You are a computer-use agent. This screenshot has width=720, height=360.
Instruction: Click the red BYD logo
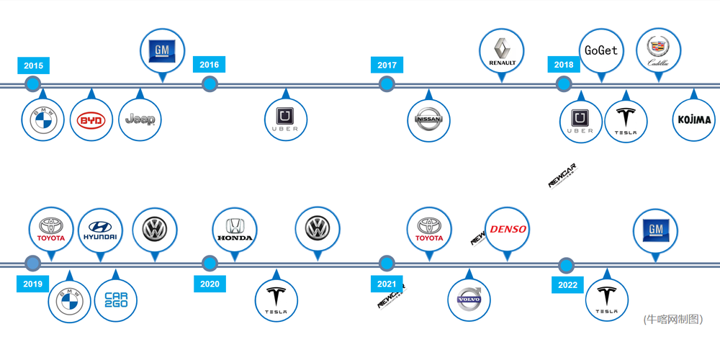click(x=91, y=120)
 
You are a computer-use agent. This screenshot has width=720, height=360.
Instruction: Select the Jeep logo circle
click(x=140, y=120)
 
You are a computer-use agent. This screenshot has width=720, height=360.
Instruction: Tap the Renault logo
click(x=502, y=52)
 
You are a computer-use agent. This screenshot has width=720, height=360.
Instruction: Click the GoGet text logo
click(x=601, y=50)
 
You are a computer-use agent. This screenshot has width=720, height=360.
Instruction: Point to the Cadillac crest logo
click(x=658, y=50)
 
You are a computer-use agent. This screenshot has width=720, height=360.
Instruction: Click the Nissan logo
click(x=429, y=120)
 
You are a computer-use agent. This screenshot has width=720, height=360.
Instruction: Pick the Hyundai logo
click(x=100, y=230)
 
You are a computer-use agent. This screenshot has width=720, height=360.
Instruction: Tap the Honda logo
click(x=235, y=230)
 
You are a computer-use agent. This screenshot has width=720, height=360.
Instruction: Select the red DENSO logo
click(x=508, y=230)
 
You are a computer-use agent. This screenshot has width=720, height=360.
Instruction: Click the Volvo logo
click(x=469, y=300)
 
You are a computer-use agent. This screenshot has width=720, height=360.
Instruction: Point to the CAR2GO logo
click(x=116, y=300)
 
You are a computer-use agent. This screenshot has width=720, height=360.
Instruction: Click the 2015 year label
click(x=33, y=66)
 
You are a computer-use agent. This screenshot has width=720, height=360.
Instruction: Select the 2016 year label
click(x=210, y=65)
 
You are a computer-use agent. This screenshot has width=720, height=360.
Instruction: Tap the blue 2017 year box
click(x=387, y=66)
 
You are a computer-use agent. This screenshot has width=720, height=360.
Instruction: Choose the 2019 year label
click(x=33, y=284)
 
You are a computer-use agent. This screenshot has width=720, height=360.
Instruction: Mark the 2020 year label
click(x=210, y=284)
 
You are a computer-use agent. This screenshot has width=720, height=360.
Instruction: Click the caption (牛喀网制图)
click(x=672, y=319)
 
